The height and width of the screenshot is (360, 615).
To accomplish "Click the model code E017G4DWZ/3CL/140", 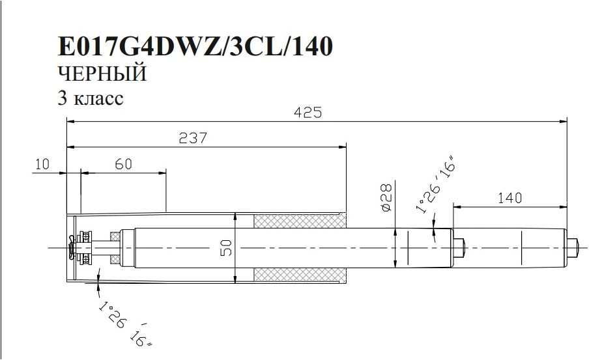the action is (x=195, y=46).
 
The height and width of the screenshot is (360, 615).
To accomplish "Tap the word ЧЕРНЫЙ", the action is (x=102, y=74).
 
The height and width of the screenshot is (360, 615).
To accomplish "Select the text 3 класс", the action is (x=91, y=98).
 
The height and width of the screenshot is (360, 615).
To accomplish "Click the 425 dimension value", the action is (x=308, y=113).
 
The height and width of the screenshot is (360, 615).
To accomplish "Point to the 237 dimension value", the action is (x=193, y=138).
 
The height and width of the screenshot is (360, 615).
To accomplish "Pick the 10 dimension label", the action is (x=42, y=164).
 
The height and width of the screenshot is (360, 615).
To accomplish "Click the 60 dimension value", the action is (x=124, y=164).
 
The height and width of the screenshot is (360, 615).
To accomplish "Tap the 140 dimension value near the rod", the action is (x=510, y=198).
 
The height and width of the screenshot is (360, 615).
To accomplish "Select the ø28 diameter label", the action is (x=386, y=198).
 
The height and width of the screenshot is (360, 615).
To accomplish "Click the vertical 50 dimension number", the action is (x=227, y=247).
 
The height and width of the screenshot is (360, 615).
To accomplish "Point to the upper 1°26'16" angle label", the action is (x=437, y=185).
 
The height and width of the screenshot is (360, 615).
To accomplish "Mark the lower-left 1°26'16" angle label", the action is (x=124, y=324).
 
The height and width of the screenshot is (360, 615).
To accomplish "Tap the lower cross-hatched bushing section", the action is (x=300, y=275).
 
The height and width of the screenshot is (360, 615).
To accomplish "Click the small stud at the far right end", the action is (x=573, y=247).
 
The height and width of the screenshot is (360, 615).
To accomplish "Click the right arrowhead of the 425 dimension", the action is (x=564, y=122).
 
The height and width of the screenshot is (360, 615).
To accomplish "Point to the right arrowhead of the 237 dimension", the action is (x=343, y=147).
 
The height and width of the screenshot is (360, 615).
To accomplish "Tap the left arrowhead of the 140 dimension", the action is (x=457, y=206).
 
